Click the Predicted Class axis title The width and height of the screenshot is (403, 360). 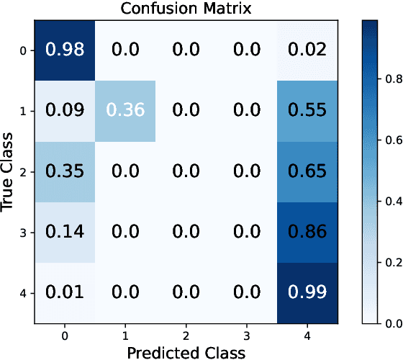pyautogui.click(x=186, y=352)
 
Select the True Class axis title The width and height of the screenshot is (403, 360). pyautogui.click(x=8, y=171)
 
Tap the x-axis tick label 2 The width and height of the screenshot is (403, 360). pyautogui.click(x=186, y=336)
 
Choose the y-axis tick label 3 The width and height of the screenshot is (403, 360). pyautogui.click(x=24, y=233)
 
